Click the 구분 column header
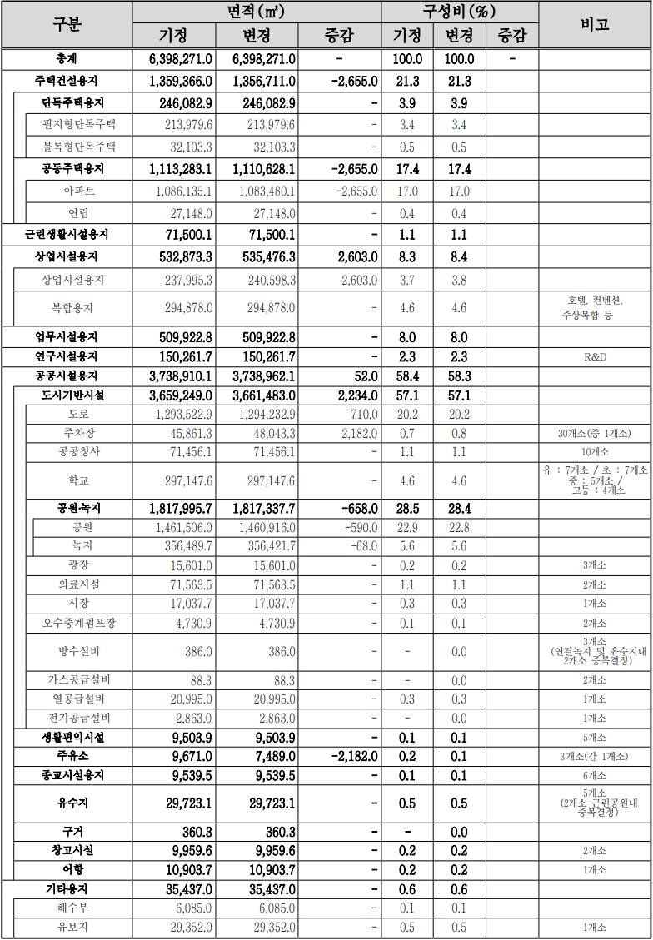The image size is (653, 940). click(x=67, y=24)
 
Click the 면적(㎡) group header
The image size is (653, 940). click(x=257, y=12)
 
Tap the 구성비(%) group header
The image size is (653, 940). click(x=459, y=12)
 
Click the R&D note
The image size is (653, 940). click(x=594, y=357)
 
